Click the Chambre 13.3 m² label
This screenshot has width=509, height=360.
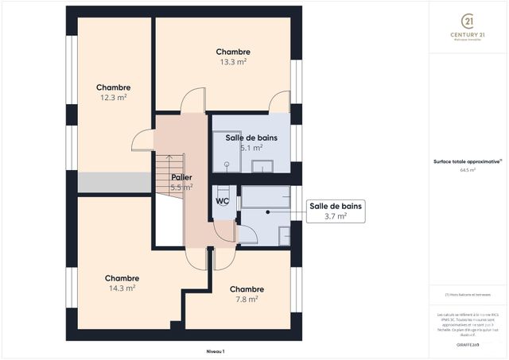[x=233, y=56]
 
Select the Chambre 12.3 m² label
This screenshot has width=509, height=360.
[x=113, y=92]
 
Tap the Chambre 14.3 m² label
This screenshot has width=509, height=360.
[x=122, y=283]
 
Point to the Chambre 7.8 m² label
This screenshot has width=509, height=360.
[x=247, y=294]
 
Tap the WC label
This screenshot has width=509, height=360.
[x=222, y=201]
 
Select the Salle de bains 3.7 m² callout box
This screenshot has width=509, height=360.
[x=335, y=211]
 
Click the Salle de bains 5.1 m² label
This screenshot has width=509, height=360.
[x=251, y=142]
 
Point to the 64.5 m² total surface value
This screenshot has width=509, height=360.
[x=467, y=169]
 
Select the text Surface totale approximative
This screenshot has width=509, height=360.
[x=467, y=161]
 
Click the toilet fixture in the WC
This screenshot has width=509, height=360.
[x=223, y=191]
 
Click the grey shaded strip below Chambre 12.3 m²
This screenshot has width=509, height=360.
[x=114, y=182]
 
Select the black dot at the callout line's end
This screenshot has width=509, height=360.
[x=268, y=212]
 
